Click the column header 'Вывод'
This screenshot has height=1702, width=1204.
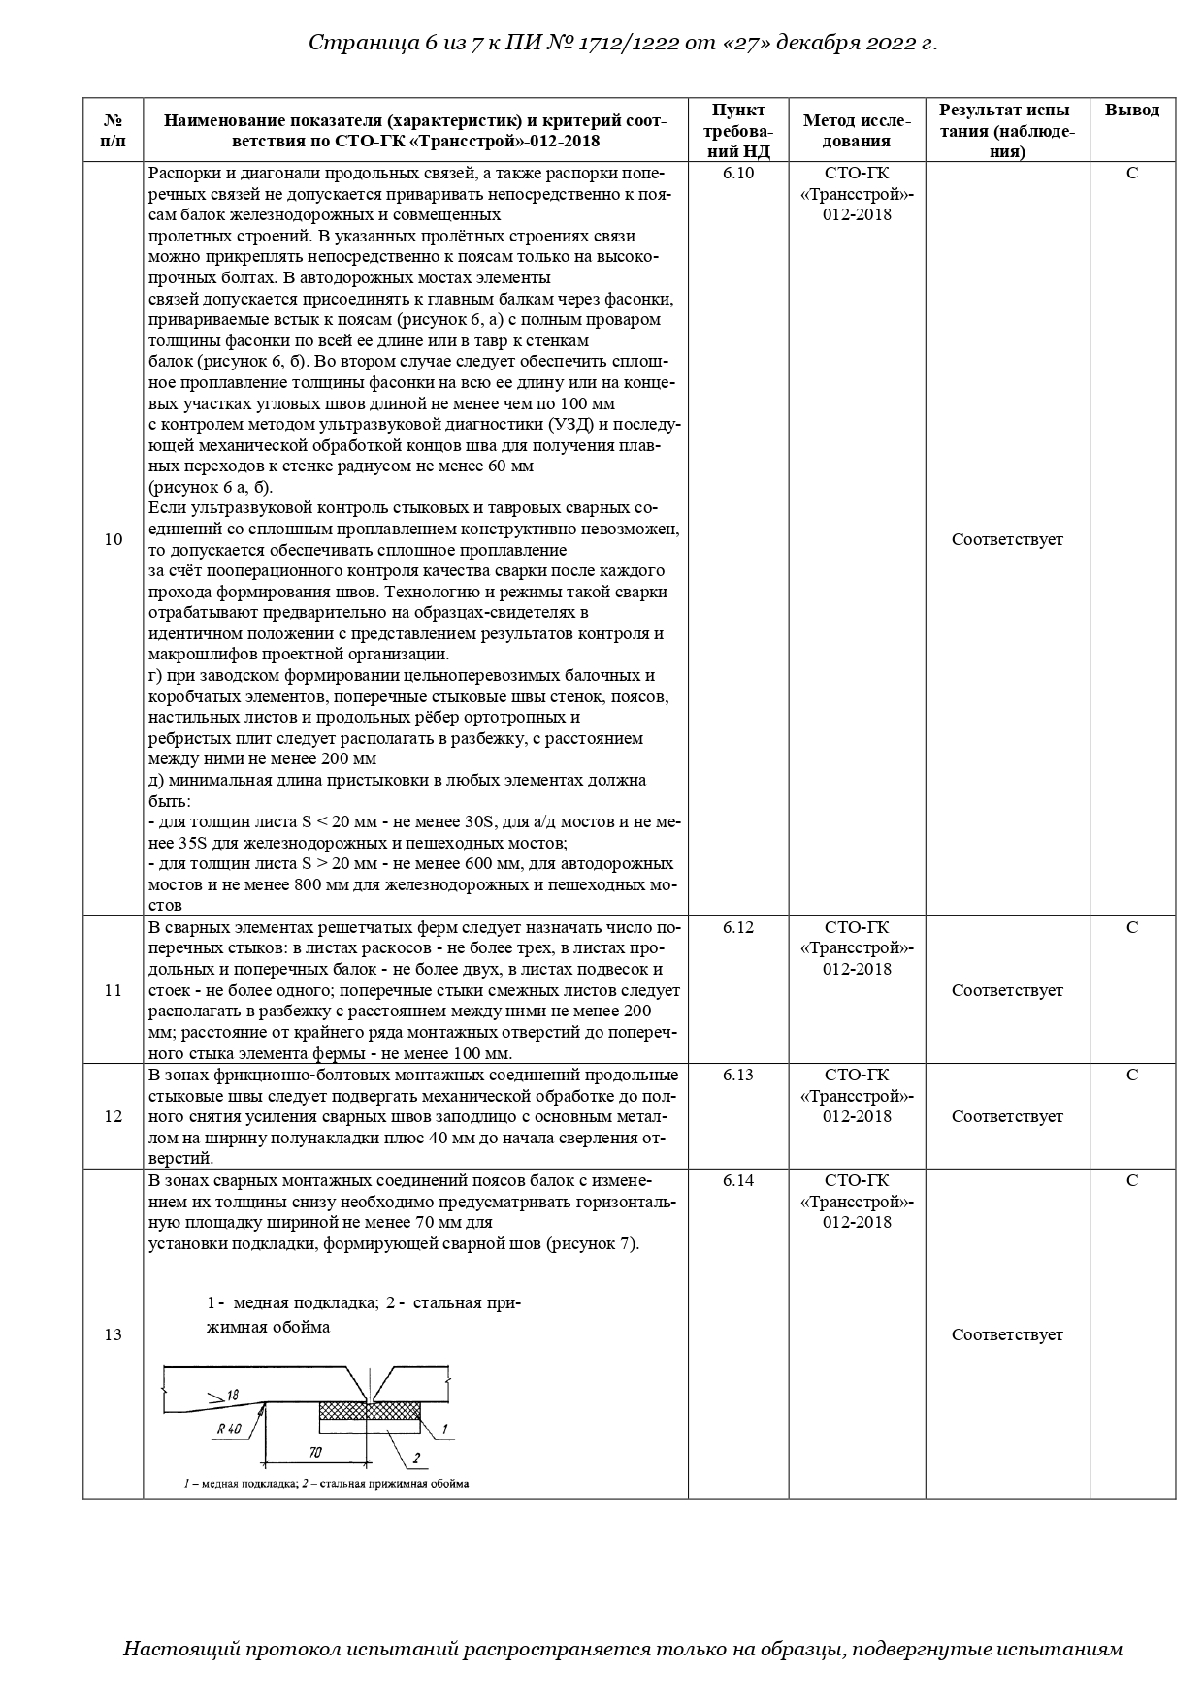(x=1131, y=110)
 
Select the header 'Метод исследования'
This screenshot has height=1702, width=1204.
(x=856, y=130)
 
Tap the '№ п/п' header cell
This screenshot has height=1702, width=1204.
(x=113, y=130)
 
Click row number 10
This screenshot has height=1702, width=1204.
(x=113, y=539)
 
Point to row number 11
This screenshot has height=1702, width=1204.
(x=113, y=990)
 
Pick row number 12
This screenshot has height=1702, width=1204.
(x=113, y=1116)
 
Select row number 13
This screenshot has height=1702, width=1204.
(x=113, y=1334)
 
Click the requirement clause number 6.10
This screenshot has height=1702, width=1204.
(x=737, y=173)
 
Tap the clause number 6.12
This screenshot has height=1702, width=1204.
(x=737, y=927)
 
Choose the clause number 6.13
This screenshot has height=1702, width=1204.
(x=737, y=1075)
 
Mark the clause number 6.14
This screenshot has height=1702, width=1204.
(x=737, y=1180)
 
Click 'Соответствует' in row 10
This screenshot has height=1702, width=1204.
(x=1006, y=539)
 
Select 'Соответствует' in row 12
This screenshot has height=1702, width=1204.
(x=1006, y=1116)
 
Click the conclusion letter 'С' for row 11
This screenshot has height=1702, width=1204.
(x=1131, y=927)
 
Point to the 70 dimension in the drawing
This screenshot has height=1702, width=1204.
(x=315, y=1452)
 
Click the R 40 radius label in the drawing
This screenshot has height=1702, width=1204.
(x=229, y=1429)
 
